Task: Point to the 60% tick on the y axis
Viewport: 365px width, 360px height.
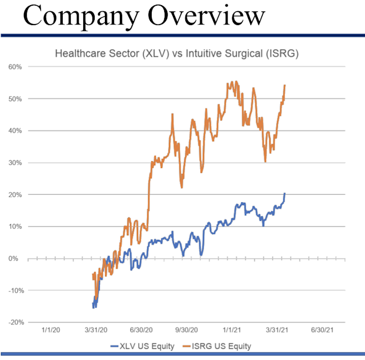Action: [14, 67]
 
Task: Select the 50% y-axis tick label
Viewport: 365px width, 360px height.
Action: [14, 99]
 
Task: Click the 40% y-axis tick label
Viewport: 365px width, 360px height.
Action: [14, 130]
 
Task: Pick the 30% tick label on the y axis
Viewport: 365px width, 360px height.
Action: [14, 162]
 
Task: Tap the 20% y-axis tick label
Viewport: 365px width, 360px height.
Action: [14, 194]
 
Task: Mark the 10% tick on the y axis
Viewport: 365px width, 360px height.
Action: [14, 226]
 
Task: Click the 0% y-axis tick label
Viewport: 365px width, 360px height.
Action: [16, 258]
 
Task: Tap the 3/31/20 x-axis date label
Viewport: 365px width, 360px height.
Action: [98, 330]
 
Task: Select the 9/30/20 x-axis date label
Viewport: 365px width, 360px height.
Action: [186, 330]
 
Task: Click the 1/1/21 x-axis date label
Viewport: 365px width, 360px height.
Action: [232, 330]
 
